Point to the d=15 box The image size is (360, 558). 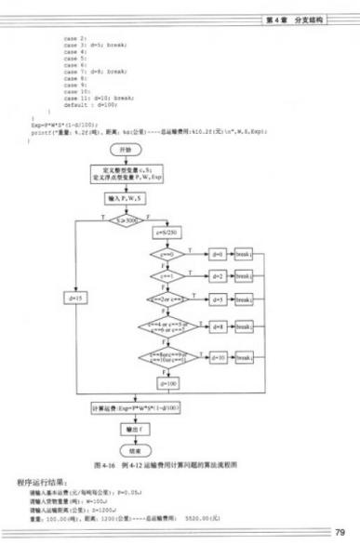(77, 298)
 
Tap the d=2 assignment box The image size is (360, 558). (217, 276)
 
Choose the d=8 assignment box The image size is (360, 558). (217, 327)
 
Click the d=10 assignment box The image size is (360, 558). (217, 357)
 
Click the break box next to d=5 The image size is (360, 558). (244, 299)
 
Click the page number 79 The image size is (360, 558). (340, 532)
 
